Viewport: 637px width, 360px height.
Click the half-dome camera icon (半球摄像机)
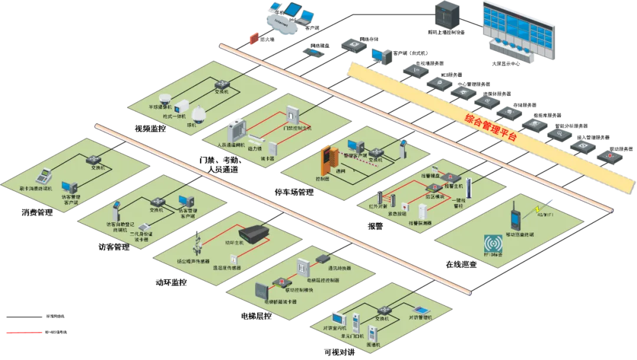[165, 99]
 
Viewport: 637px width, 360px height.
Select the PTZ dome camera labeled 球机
[197, 114]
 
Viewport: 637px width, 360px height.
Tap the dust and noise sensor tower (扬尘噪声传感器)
[202, 244]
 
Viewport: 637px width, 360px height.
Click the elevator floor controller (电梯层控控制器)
[303, 269]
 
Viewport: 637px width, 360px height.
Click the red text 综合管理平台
[490, 127]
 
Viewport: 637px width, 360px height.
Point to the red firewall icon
[254, 38]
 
